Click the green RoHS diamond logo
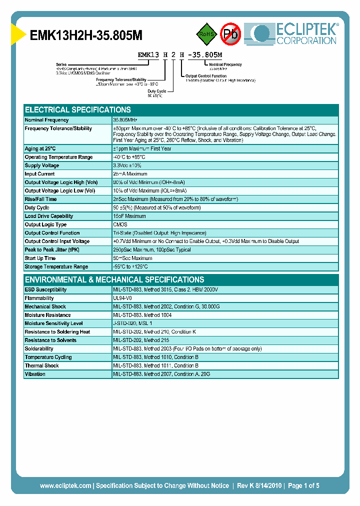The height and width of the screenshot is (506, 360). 206,34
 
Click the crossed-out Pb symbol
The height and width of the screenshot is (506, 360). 231,34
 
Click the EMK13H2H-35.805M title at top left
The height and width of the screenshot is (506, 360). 86,35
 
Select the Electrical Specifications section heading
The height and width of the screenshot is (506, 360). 78,109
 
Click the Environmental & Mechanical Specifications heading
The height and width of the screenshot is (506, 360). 114,279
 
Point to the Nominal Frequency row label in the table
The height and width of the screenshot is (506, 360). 47,120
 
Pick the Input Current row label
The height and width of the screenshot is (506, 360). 40,174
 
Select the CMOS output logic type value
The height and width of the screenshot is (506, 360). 120,224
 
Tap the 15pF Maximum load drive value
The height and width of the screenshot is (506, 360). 129,216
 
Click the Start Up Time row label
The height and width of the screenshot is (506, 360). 40,258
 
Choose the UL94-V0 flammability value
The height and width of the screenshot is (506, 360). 122,298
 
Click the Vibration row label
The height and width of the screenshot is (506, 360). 35,374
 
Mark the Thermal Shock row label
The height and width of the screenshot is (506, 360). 41,365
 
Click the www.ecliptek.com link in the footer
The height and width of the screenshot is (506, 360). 65,485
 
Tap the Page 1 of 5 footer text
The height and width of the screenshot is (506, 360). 303,485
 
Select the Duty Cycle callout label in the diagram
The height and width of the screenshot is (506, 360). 157,91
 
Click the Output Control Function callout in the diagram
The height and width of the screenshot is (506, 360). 206,75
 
